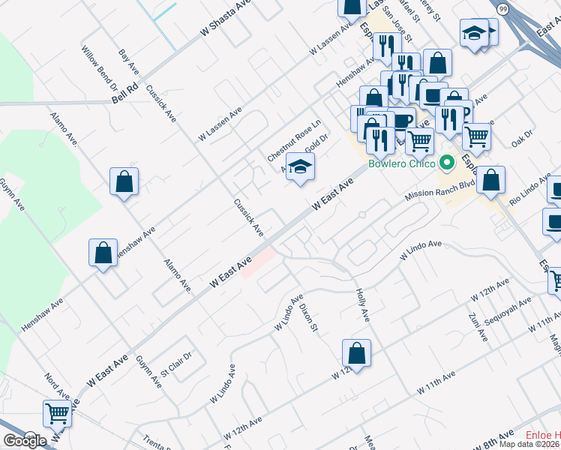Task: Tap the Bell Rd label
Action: [126, 94]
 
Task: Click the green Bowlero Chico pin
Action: [448, 162]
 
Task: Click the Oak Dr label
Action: [520, 137]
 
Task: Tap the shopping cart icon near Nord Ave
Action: [57, 412]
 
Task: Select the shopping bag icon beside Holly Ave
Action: [357, 353]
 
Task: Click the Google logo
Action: [25, 440]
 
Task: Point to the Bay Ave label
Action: [129, 61]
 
